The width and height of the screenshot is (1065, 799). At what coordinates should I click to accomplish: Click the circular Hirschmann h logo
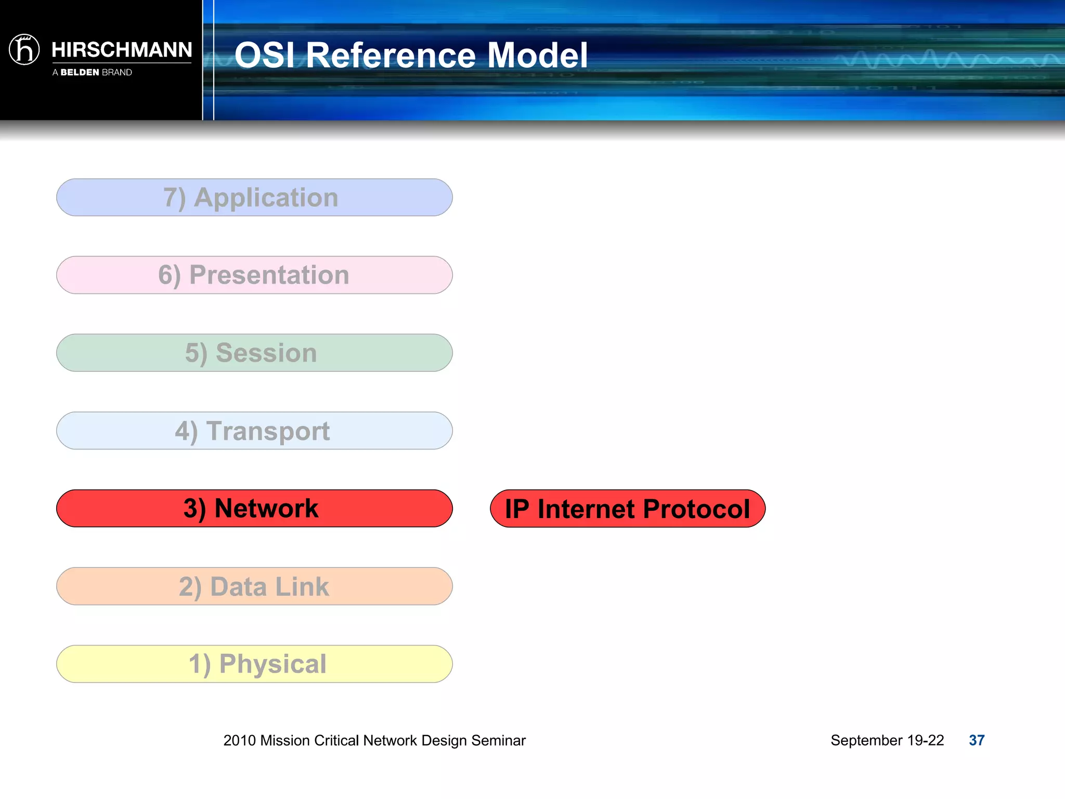tap(24, 50)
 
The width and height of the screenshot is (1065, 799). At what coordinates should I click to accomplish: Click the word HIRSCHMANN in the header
tap(122, 50)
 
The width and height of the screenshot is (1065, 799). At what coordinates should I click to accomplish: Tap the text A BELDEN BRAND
tap(92, 72)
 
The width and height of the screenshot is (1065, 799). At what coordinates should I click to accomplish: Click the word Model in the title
tap(537, 56)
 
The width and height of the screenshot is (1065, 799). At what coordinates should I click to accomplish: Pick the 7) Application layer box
tap(254, 198)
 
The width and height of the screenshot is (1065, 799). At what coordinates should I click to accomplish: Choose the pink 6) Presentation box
tap(254, 275)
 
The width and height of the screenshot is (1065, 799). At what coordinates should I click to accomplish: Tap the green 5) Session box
tap(254, 353)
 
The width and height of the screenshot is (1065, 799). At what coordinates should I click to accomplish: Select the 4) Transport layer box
tap(254, 431)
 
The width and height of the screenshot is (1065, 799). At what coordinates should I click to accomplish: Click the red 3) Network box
tap(254, 508)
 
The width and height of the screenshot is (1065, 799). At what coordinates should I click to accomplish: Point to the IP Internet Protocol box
tap(627, 508)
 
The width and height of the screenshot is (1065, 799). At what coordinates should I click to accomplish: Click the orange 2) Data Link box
tap(254, 586)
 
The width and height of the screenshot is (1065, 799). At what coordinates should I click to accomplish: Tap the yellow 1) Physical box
tap(254, 664)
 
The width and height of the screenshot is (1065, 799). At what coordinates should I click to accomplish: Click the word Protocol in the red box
tap(697, 509)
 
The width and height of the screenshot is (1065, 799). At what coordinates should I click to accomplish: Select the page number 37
tap(977, 740)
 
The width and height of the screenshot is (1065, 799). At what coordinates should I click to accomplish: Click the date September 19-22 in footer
tap(887, 740)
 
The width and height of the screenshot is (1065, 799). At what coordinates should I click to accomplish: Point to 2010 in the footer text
tap(239, 740)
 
